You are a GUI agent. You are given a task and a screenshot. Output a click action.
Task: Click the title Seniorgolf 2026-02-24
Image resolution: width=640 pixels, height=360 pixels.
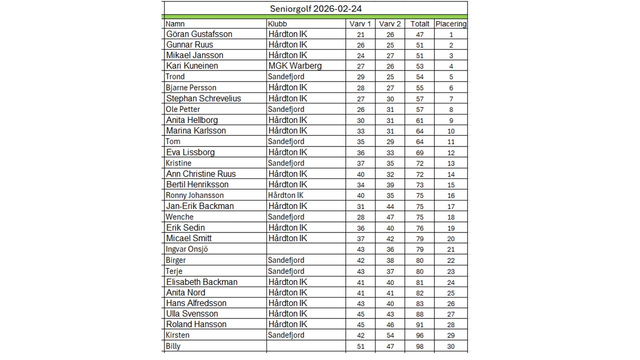click(315, 9)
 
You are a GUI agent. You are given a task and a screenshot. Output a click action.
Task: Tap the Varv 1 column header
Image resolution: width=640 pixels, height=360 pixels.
click(360, 24)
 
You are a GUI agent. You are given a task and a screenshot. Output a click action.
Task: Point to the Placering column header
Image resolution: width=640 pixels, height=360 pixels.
click(451, 24)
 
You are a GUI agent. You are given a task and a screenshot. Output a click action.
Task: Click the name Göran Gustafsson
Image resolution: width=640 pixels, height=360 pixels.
click(199, 34)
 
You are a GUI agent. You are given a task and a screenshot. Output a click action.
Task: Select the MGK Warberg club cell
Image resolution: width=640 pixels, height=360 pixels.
click(295, 66)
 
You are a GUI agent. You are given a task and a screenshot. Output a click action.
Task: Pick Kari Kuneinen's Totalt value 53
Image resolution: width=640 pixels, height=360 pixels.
click(419, 66)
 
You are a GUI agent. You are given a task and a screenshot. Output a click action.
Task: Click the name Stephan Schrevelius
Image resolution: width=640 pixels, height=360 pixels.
click(203, 98)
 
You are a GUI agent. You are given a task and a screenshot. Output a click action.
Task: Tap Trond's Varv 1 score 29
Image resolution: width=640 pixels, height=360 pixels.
click(360, 77)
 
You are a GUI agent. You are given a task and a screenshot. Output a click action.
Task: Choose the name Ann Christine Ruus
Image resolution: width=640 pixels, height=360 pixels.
click(201, 174)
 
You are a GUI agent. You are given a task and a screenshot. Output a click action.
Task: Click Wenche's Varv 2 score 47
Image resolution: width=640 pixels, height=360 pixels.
click(390, 217)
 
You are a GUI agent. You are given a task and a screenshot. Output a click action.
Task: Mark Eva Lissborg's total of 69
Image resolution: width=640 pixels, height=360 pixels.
click(419, 152)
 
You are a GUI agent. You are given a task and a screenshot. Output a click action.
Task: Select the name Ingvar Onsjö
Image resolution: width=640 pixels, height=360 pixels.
click(186, 249)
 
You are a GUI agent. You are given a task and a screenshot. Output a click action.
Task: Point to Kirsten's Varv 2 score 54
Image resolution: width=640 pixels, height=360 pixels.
click(390, 335)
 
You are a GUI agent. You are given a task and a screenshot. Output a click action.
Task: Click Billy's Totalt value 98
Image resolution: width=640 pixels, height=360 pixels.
click(419, 346)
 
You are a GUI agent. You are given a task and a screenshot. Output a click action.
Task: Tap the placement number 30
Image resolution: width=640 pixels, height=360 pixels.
click(451, 346)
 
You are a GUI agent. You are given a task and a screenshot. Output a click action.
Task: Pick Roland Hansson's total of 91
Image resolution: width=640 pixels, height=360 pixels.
click(419, 324)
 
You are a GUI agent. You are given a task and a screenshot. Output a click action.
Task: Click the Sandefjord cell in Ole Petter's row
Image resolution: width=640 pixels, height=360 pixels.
click(286, 109)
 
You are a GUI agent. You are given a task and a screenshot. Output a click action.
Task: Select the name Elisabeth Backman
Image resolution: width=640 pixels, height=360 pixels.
click(202, 282)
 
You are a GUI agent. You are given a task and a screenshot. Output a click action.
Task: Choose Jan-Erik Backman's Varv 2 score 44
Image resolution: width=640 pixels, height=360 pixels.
click(390, 206)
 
